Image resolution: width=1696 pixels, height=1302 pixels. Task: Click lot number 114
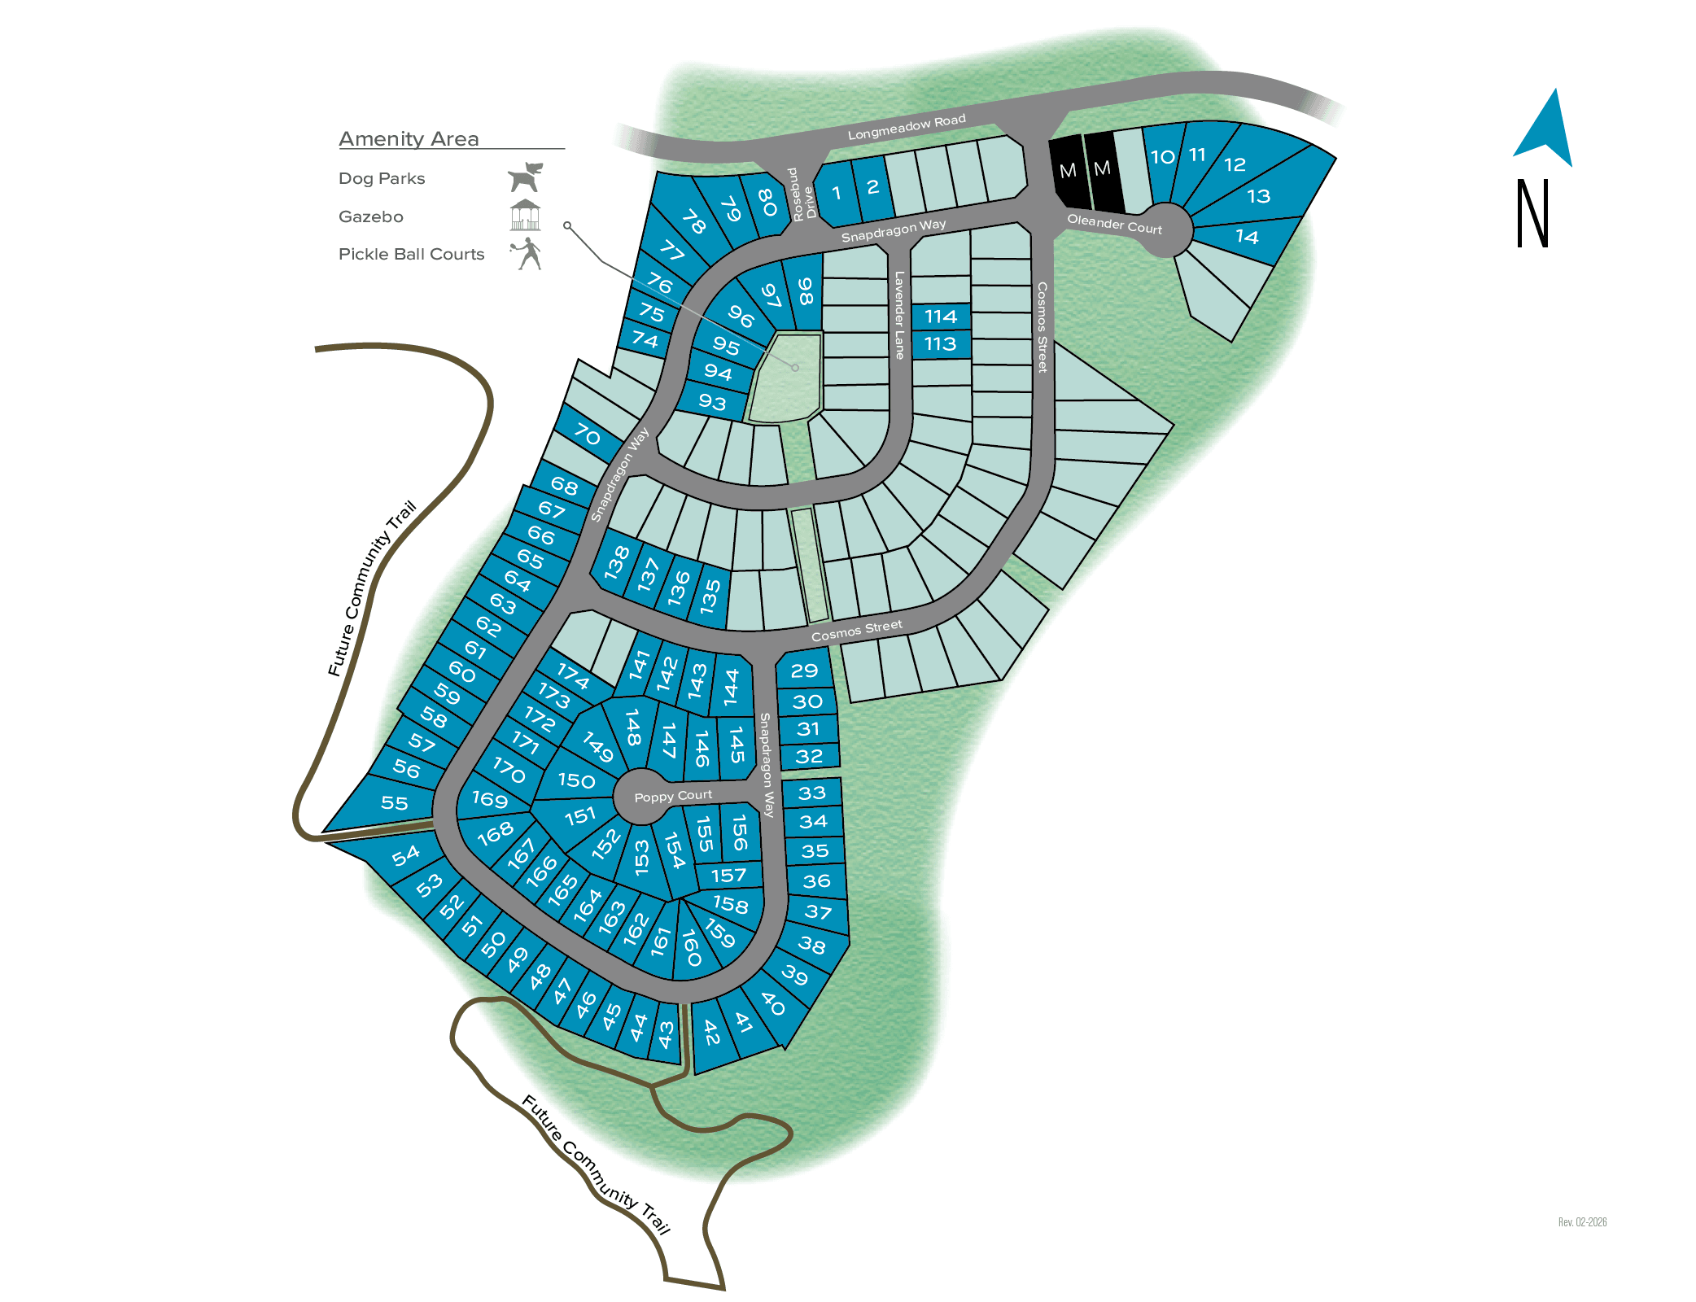[x=941, y=317]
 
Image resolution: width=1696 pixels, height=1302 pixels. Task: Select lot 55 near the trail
[x=395, y=803]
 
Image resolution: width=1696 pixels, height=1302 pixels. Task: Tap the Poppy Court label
[x=673, y=796]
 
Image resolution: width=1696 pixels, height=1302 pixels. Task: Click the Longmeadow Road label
[x=907, y=127]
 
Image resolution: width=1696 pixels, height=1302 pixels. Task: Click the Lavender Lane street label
[x=899, y=315]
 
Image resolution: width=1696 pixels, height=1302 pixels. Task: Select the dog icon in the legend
[x=525, y=177]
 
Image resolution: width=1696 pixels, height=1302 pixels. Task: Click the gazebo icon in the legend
[x=525, y=216]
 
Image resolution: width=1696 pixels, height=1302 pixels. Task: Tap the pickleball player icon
[x=527, y=253]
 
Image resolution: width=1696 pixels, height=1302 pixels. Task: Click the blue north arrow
[x=1545, y=130]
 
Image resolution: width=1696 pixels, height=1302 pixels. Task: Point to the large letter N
[x=1532, y=213]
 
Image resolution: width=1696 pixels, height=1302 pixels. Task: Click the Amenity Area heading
[x=409, y=139]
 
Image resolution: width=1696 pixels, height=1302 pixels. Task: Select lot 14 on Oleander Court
[x=1247, y=237]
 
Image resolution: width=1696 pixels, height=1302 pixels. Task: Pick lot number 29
[x=804, y=671]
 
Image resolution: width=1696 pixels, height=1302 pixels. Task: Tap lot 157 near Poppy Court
[x=728, y=875]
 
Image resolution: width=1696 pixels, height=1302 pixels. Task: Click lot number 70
[x=587, y=435]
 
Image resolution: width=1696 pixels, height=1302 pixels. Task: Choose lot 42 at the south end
[x=711, y=1033]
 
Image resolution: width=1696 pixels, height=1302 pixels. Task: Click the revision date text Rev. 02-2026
[x=1582, y=1222]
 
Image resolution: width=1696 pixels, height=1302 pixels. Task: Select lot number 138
[x=617, y=561]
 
